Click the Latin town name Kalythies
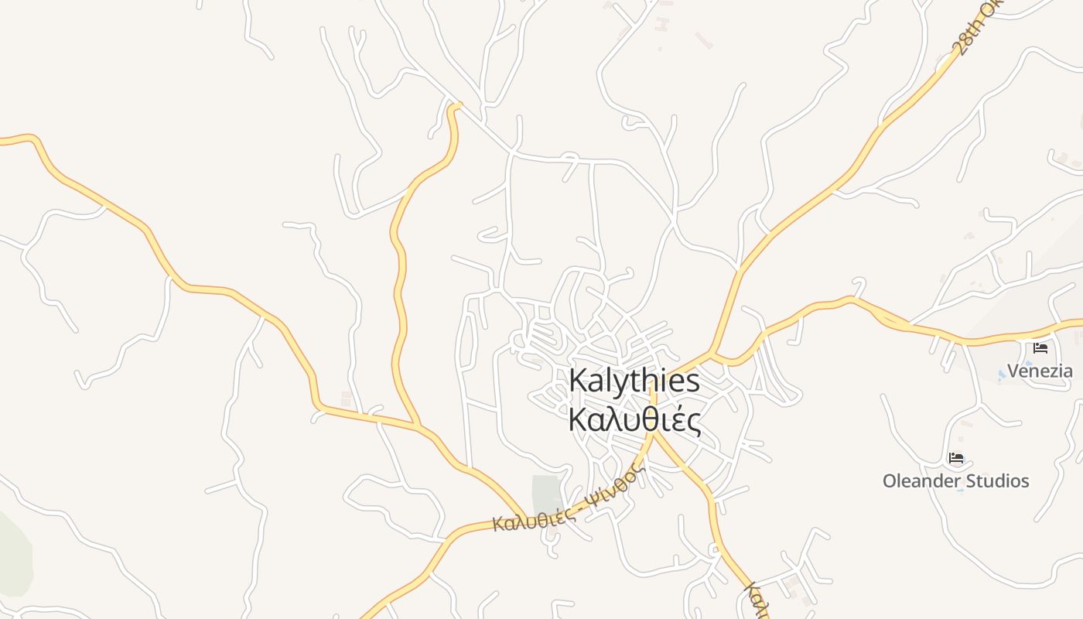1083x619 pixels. (634, 381)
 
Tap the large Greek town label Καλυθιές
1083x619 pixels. (634, 420)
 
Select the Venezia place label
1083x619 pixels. (1040, 371)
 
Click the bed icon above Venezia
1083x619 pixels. (1040, 348)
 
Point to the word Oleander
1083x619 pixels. (918, 481)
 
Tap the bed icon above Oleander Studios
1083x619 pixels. (956, 458)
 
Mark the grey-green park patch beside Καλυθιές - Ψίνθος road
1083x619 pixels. (546, 493)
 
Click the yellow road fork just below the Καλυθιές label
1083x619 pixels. (654, 433)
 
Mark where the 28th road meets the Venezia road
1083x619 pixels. (712, 354)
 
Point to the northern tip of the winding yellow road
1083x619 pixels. (456, 105)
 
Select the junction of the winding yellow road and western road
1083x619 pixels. (417, 425)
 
